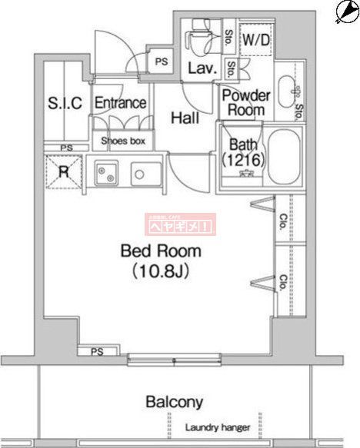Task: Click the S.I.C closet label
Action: click(65, 103)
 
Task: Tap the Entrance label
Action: click(121, 103)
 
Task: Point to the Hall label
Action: click(185, 118)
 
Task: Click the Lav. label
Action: click(203, 68)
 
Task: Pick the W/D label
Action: click(256, 41)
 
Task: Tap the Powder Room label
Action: click(246, 103)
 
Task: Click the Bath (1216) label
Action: click(244, 152)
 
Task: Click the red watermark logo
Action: click(181, 224)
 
